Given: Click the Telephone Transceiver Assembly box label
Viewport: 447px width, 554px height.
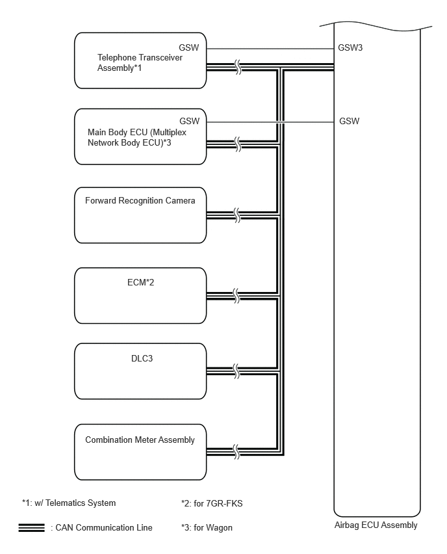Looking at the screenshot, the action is (x=140, y=62).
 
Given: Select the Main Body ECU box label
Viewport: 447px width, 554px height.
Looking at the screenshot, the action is (x=137, y=137).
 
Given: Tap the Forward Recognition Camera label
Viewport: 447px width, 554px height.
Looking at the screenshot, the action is (x=140, y=201).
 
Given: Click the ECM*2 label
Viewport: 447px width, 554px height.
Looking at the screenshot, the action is (x=140, y=282).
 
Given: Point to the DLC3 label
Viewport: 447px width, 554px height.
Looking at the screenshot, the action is (x=142, y=358).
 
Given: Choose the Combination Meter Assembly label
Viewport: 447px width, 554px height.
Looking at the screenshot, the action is (x=140, y=440).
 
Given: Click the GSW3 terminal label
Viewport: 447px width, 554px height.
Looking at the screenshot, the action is (x=350, y=47).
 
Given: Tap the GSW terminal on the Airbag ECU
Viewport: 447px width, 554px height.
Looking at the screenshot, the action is (x=349, y=121).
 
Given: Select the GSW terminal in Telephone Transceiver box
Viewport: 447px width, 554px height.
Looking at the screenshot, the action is (x=189, y=47).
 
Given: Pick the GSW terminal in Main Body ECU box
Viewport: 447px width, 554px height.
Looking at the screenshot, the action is (x=190, y=121).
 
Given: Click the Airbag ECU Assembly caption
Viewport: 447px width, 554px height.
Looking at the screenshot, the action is (x=376, y=525).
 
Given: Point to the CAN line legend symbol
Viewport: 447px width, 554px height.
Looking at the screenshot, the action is (x=32, y=527).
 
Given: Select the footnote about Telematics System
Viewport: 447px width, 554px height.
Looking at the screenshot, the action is (x=69, y=503).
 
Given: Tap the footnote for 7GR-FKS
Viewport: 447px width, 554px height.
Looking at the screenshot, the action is (x=212, y=503).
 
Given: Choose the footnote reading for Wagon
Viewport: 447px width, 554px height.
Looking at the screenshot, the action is (x=207, y=527).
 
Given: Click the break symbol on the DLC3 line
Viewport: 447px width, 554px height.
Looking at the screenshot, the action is (x=236, y=371).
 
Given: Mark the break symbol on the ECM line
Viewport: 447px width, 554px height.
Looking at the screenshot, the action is (x=236, y=296).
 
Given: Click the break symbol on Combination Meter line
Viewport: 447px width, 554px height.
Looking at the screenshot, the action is (x=236, y=452).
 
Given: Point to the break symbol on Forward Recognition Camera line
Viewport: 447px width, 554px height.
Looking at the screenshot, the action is (x=237, y=215).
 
